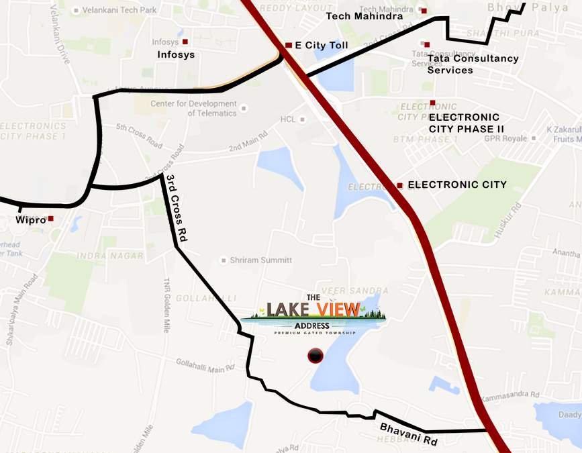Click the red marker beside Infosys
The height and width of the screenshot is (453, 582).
(x=185, y=42)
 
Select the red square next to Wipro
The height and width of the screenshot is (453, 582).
(x=50, y=219)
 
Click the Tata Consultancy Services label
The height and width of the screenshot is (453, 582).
(x=473, y=64)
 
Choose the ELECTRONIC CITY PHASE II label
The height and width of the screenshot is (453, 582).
(x=466, y=123)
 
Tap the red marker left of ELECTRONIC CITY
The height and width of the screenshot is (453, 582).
(x=399, y=185)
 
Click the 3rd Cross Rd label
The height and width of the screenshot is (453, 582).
(x=178, y=208)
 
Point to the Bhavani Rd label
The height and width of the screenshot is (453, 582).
(x=408, y=434)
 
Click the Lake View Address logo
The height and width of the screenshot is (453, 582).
(x=313, y=313)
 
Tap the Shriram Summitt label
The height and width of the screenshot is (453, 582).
(x=260, y=260)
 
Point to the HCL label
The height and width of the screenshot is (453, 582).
(x=287, y=119)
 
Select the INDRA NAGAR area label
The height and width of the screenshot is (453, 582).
(x=110, y=256)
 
